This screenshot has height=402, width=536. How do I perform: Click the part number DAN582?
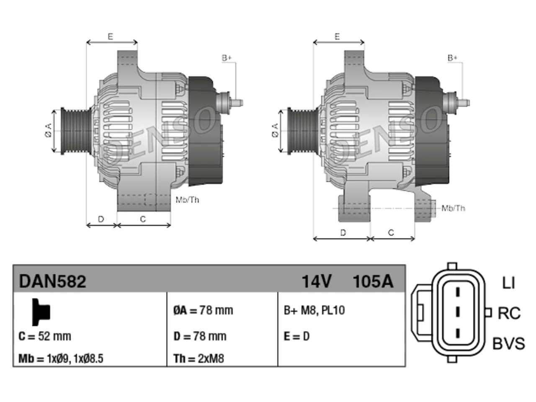pos(52,281)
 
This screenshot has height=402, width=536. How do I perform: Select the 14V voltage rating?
pos(317,281)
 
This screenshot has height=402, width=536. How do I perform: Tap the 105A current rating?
pos(373,281)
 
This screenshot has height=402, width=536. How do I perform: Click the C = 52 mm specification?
pos(45,336)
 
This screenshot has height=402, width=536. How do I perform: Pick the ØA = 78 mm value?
pos(203,310)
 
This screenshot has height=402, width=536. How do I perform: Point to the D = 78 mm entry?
pos(200,336)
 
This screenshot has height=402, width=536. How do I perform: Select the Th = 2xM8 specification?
pos(199,358)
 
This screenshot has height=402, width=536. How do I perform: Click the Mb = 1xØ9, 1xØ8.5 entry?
pos(61,358)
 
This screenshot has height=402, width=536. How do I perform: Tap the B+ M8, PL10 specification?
pos(314,310)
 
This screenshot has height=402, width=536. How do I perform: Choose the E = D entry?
pos(297,336)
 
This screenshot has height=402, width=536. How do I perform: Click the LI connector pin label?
pos(508,283)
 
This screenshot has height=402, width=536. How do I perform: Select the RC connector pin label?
pos(509,313)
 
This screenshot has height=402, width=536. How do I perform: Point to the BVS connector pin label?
pos(508,343)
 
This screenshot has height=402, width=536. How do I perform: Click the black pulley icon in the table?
pos(41,312)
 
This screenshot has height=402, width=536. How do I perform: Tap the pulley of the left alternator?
pos(76,131)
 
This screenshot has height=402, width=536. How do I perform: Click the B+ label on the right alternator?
pos(452,58)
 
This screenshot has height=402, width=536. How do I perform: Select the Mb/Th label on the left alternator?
pos(187,200)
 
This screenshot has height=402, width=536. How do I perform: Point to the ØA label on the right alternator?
pos(275,130)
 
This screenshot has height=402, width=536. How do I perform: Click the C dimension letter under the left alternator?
pos(143,219)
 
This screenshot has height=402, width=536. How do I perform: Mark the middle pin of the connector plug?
pos(458,312)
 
